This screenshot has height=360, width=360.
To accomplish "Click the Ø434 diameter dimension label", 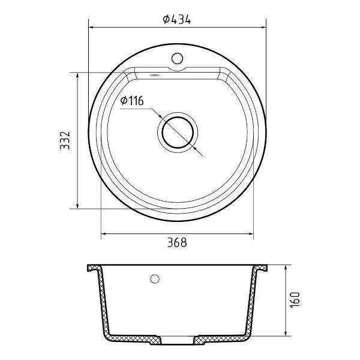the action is [x=177, y=19].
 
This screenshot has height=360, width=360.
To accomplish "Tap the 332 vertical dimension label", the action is [x=65, y=140].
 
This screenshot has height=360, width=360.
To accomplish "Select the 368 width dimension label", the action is [x=177, y=242].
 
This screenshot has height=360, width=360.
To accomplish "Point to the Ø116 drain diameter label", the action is [x=132, y=101].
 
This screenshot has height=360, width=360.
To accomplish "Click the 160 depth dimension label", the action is [x=295, y=300].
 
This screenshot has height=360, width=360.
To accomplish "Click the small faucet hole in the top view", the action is [x=177, y=58].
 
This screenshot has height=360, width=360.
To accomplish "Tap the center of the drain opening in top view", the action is [x=178, y=133].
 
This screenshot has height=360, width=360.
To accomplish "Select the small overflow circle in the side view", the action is [x=155, y=279].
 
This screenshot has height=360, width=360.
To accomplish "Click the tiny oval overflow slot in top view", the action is [x=154, y=75].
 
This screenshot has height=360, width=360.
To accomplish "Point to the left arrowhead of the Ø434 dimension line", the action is [x=91, y=28].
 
